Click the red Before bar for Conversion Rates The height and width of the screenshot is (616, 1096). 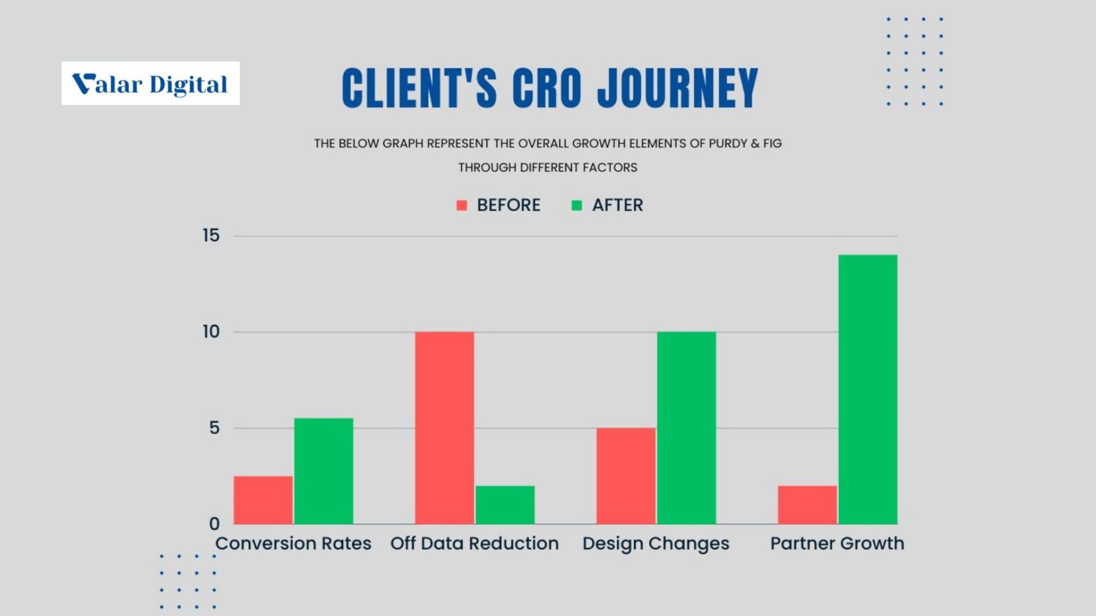[x=263, y=500]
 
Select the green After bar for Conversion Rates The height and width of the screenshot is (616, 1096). [x=324, y=471]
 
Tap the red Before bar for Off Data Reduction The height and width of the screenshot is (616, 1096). [x=445, y=428]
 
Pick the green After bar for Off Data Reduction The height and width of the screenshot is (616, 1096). [x=505, y=505]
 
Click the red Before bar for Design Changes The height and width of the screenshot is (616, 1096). [x=626, y=476]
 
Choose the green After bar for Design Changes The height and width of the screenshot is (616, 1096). [x=687, y=428]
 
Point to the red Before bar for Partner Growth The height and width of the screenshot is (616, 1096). [x=808, y=505]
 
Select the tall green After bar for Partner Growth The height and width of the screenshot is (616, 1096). [x=868, y=389]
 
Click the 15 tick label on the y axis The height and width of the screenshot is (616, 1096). [x=211, y=235]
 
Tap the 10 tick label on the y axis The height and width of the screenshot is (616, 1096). [x=211, y=332]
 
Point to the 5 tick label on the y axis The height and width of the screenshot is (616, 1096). [x=215, y=428]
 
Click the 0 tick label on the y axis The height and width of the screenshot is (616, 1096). [x=215, y=523]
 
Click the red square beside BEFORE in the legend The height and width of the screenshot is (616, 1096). [x=462, y=205]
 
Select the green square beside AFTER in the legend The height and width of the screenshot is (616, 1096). [x=577, y=205]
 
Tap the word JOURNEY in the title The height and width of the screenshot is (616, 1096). [x=678, y=88]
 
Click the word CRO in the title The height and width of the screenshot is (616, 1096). [x=547, y=88]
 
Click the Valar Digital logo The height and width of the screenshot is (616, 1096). [x=150, y=83]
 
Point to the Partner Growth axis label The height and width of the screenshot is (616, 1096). [x=837, y=543]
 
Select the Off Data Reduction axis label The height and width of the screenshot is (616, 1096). [x=475, y=543]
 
